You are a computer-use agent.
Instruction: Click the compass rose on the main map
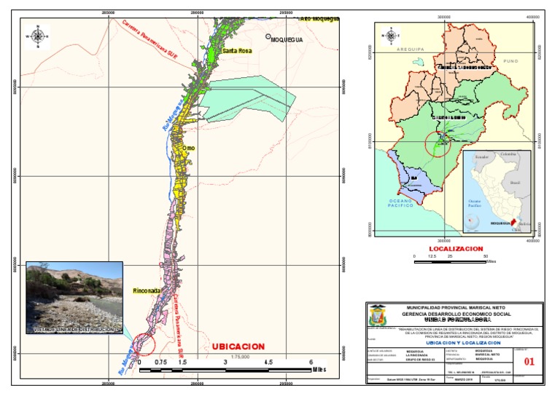click(x=36, y=34)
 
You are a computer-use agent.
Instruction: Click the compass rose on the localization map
click(x=392, y=35)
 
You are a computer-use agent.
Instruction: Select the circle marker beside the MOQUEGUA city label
click(x=268, y=36)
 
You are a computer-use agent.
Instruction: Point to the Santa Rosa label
click(x=237, y=51)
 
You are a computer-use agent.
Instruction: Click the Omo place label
click(x=188, y=148)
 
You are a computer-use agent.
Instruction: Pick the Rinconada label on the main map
click(x=147, y=290)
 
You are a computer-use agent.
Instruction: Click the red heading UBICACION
click(x=238, y=346)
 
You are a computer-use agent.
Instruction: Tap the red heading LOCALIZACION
click(x=456, y=249)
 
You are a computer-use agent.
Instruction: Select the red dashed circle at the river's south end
click(x=144, y=344)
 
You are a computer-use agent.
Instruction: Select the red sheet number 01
click(x=519, y=359)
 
